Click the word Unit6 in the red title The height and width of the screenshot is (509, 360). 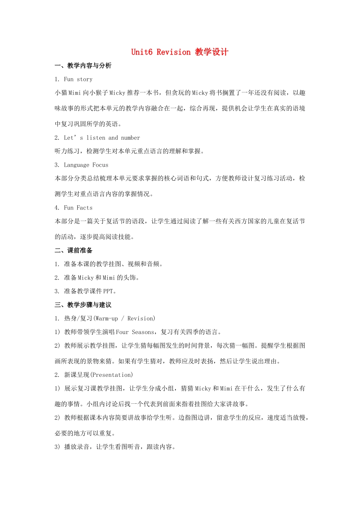click(x=142, y=52)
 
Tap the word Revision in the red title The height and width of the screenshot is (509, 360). click(x=174, y=52)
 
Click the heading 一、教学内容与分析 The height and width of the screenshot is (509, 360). click(x=83, y=66)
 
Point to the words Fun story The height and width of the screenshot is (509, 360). click(x=78, y=79)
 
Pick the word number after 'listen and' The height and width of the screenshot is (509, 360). click(x=130, y=138)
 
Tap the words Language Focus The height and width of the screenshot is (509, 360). click(x=86, y=165)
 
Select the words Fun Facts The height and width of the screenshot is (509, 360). click(x=78, y=208)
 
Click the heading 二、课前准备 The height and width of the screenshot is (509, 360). click(x=74, y=251)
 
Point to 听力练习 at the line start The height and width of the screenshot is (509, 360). click(x=67, y=151)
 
